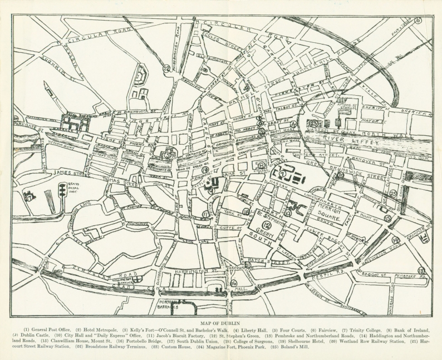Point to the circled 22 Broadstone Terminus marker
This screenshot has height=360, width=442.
pyautogui.click(x=166, y=68)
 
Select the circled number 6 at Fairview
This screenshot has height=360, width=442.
pyautogui.click(x=418, y=21)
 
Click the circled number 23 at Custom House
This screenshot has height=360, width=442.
pyautogui.click(x=315, y=124)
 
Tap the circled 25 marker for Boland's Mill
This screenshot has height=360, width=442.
pyautogui.click(x=393, y=193)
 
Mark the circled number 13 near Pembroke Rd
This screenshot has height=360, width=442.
pyautogui.click(x=421, y=270)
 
